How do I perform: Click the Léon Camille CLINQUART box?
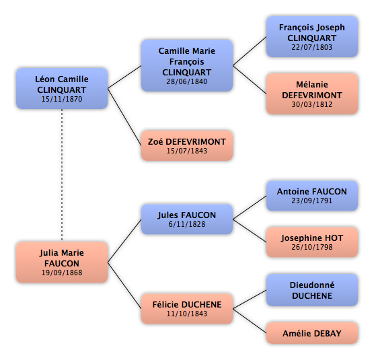[x=62, y=88]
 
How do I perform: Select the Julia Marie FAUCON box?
[x=62, y=262]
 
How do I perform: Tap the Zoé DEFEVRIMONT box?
[x=187, y=145]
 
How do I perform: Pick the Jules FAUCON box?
[x=187, y=219]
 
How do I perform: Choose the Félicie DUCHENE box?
[x=187, y=309]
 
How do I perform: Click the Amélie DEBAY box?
[x=312, y=333]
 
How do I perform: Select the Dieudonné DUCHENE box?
[x=312, y=290]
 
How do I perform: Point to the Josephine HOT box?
[x=312, y=242]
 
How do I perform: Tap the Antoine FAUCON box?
[x=312, y=196]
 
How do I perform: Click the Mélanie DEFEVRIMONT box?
[x=312, y=94]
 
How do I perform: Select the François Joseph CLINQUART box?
[x=312, y=36]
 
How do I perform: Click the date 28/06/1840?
[x=187, y=81]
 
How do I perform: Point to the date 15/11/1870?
[x=62, y=99]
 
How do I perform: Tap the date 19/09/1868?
[x=62, y=273]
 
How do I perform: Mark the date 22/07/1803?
[x=311, y=47]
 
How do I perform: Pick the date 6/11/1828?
[x=187, y=224]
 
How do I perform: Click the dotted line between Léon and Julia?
[x=62, y=175]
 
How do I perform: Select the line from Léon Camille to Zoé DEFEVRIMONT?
[x=124, y=117]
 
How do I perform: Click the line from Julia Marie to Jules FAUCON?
[x=124, y=241]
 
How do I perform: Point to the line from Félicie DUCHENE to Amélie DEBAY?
[x=250, y=321]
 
